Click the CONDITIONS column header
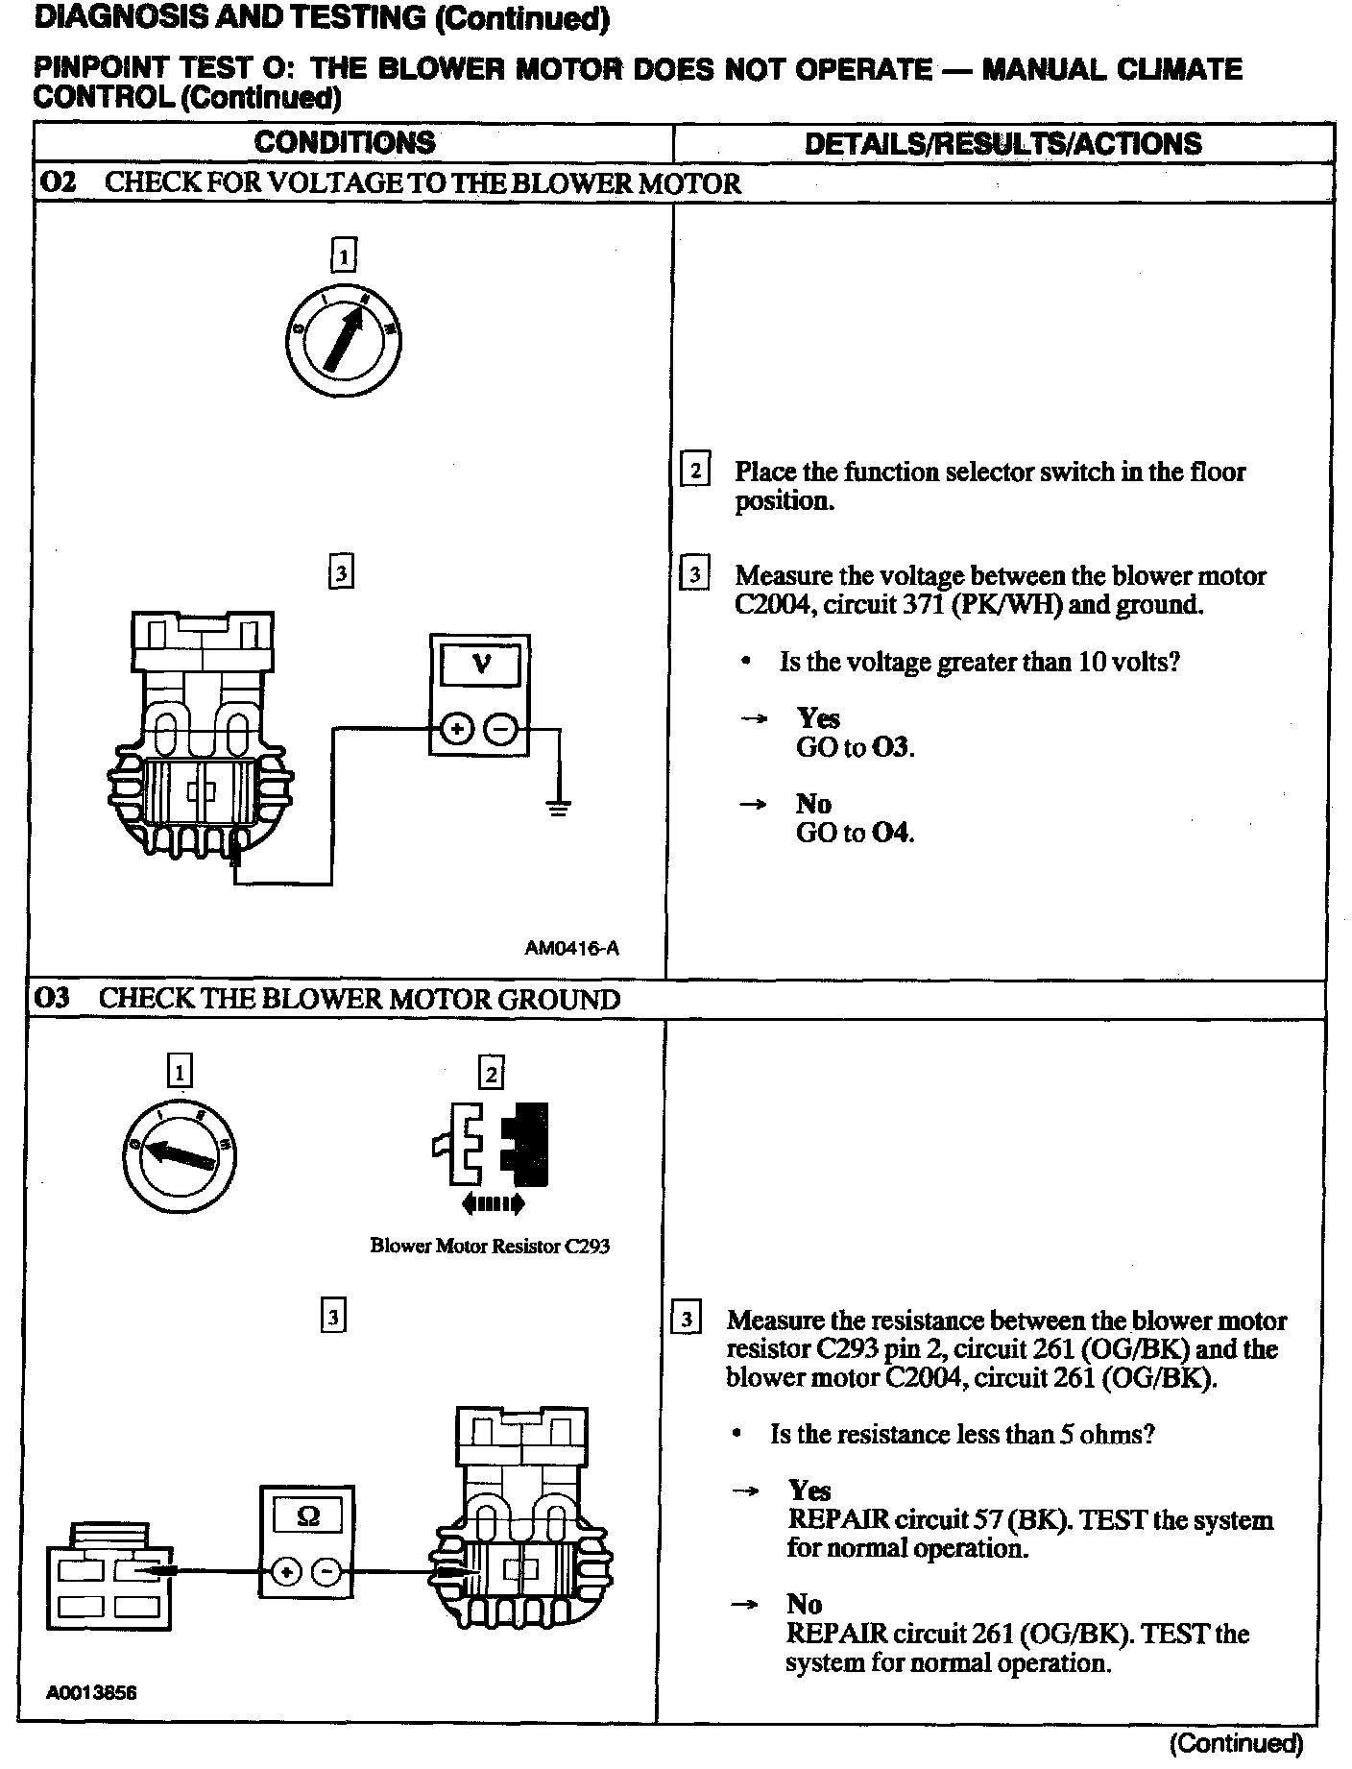click(344, 143)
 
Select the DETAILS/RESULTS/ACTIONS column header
click(1002, 144)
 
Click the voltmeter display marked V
click(479, 664)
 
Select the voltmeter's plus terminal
click(457, 730)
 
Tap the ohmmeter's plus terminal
click(285, 1572)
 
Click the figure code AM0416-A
click(571, 948)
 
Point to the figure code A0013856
click(91, 1692)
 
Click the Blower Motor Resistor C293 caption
click(490, 1247)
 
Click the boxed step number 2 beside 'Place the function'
click(694, 471)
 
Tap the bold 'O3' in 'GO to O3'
click(892, 747)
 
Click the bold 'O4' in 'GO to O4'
click(892, 833)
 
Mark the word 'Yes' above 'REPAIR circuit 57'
click(809, 1490)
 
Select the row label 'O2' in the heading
click(59, 182)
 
